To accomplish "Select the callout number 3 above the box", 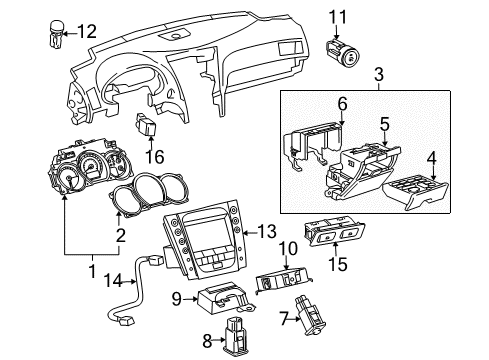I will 378,74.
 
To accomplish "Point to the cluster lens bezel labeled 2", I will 149,186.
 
